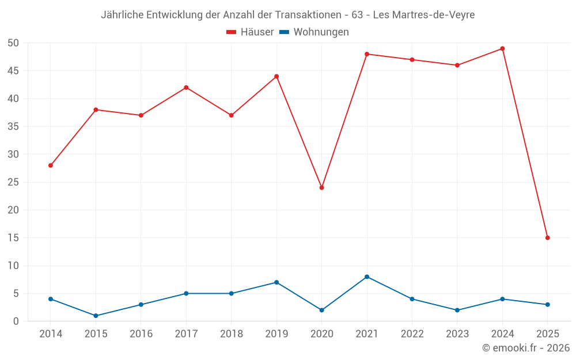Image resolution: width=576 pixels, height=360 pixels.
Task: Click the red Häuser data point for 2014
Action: pos(51,165)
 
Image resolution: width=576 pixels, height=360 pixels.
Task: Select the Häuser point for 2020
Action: pos(321,188)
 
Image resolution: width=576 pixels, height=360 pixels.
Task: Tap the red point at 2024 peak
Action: pos(502,48)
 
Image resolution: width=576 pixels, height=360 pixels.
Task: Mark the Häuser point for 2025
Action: pos(547,238)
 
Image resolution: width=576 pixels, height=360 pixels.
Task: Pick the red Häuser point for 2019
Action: pos(276,77)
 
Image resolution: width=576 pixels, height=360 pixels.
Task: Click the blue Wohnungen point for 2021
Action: pos(367,277)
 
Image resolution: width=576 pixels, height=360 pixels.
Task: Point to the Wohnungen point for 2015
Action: pos(96,316)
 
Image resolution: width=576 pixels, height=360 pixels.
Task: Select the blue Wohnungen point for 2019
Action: pos(276,282)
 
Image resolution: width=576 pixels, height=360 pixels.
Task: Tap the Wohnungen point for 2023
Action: pos(457,310)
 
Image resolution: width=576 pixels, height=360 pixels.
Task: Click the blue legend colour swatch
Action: pos(284,32)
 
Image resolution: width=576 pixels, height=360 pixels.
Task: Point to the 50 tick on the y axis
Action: pos(14,43)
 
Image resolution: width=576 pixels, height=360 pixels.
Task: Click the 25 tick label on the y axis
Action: pos(14,182)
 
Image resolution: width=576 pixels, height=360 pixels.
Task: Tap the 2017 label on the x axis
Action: pos(186,334)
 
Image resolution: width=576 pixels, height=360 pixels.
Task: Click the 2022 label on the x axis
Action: pos(412,334)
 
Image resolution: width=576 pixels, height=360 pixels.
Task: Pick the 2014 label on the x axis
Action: pos(51,334)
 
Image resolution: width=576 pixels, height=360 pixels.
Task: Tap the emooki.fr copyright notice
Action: pos(525,348)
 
